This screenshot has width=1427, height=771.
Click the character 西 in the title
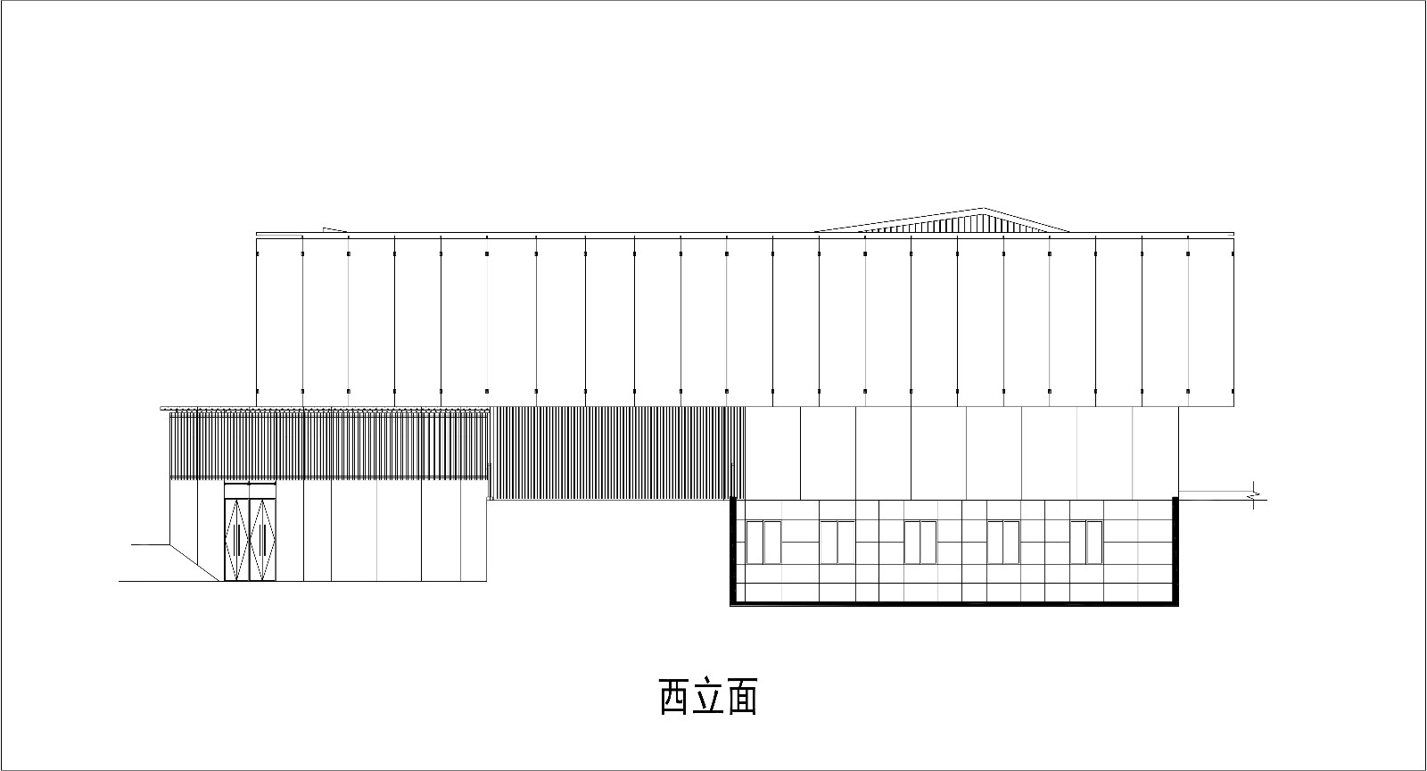tap(673, 697)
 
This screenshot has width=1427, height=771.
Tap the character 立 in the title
tap(708, 697)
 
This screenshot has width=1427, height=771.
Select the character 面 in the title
tap(742, 697)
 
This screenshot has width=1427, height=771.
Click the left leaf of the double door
tap(237, 539)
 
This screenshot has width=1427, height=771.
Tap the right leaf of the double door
tap(262, 539)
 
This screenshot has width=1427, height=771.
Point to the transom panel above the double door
tap(250, 490)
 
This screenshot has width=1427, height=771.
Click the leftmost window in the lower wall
tap(763, 543)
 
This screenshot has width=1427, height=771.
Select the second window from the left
tap(837, 543)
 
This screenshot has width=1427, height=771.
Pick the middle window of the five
tap(920, 543)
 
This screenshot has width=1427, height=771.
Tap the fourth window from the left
tap(1003, 543)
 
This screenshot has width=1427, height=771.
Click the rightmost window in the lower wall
tap(1086, 543)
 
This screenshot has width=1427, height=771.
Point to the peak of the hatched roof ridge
tap(982, 208)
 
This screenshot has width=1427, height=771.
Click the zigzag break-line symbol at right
tap(1254, 495)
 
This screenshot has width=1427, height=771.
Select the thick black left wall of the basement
tap(733, 551)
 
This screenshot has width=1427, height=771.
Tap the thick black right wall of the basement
tap(1175, 551)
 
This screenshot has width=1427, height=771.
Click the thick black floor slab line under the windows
tap(954, 602)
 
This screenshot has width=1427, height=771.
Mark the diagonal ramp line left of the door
tap(194, 563)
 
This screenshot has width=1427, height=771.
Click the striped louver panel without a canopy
tap(617, 453)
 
